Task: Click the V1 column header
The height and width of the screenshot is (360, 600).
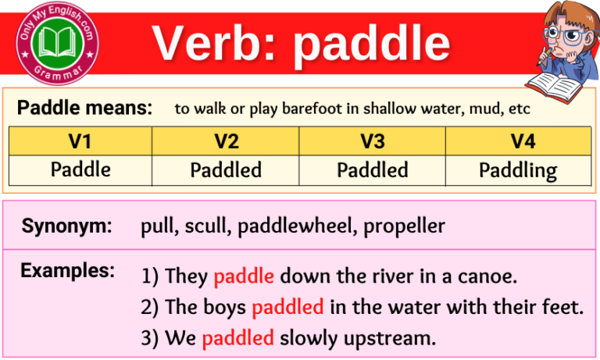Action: click(x=80, y=141)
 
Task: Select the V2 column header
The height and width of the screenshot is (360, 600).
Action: click(x=226, y=141)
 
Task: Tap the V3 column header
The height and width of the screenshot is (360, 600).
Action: click(x=373, y=141)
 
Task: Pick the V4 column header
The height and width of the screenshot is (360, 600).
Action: click(x=517, y=141)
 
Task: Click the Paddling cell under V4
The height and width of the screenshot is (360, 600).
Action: click(x=517, y=169)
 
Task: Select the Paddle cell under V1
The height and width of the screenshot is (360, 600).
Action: click(x=80, y=169)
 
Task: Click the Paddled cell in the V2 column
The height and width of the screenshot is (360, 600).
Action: click(x=226, y=169)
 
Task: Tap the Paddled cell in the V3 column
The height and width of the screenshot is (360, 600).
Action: click(x=373, y=169)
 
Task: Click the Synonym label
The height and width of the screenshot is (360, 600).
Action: click(x=66, y=227)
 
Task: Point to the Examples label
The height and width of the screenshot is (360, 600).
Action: click(x=67, y=271)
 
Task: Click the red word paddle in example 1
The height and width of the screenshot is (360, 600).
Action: click(x=244, y=276)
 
